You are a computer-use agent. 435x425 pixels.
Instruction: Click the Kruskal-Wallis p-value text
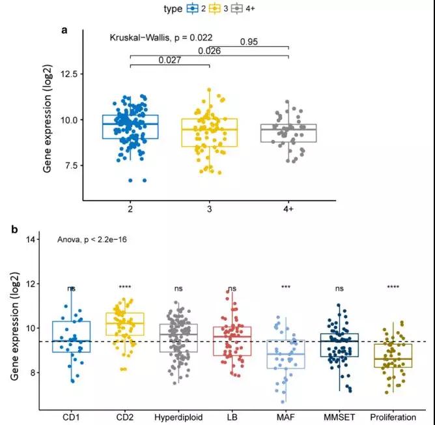[161, 38]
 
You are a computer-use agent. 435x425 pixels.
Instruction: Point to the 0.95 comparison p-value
[249, 42]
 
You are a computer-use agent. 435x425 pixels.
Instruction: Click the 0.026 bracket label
[210, 51]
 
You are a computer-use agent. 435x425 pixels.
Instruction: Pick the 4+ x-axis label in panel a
[288, 208]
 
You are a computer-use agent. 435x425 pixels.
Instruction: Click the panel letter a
[64, 29]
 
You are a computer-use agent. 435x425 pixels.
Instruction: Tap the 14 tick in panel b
[32, 239]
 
